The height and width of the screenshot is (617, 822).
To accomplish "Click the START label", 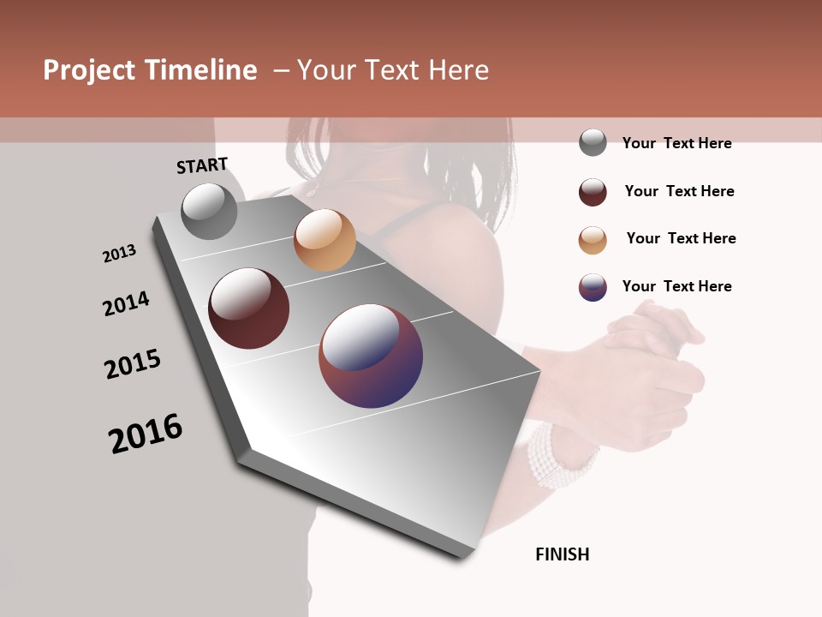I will (202, 165).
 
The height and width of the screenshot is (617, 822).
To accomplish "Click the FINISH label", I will (562, 554).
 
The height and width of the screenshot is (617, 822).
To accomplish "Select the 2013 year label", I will (119, 254).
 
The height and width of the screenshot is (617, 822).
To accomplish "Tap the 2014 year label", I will (126, 304).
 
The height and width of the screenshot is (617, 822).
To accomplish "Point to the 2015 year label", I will (133, 364).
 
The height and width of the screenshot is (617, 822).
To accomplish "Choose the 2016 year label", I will (146, 434).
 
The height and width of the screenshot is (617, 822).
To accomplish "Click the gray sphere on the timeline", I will (210, 211).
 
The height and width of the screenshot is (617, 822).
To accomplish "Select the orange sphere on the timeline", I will (325, 240).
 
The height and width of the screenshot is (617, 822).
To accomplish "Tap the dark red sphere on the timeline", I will (248, 308).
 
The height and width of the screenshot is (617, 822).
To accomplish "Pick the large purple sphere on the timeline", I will (371, 356).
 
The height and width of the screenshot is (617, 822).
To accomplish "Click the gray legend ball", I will (593, 142).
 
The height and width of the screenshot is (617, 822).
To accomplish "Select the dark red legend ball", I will (593, 192).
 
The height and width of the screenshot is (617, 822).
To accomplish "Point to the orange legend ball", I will (593, 240).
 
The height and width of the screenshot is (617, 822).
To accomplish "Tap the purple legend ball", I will (593, 287).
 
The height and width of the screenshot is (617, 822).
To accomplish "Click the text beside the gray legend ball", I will (676, 143).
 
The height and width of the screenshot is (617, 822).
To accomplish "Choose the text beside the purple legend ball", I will (676, 286).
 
